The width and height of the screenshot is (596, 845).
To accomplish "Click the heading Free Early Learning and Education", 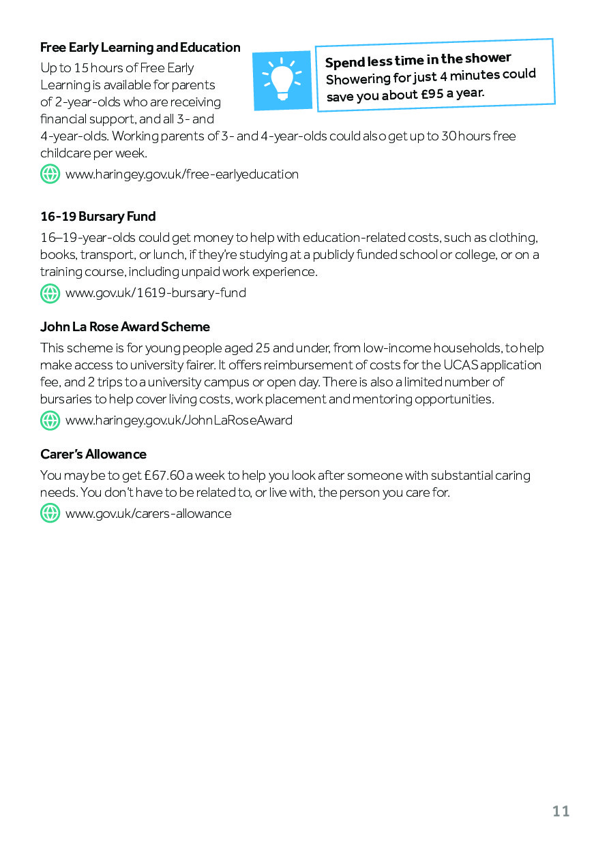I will [x=140, y=48].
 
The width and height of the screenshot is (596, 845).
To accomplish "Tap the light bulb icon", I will [x=282, y=80].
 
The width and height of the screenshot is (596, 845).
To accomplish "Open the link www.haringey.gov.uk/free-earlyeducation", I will [x=181, y=174].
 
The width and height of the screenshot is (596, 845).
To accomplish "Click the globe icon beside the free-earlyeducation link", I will [x=50, y=174].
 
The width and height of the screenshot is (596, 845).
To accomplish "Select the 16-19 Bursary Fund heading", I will [x=98, y=217].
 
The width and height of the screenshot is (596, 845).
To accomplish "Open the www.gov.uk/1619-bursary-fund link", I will [x=155, y=293].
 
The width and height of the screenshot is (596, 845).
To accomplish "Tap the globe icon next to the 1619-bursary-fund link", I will [x=50, y=293].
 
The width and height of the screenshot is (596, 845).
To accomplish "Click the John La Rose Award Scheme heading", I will [x=125, y=327].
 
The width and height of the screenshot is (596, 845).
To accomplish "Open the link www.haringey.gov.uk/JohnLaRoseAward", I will [x=179, y=420].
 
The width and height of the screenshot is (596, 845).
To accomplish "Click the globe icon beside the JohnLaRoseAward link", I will [x=50, y=420].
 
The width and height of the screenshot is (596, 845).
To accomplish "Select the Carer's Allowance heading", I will [x=93, y=455].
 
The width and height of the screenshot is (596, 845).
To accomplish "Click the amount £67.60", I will [x=166, y=476].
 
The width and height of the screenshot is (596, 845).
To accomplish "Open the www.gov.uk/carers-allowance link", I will [x=148, y=514].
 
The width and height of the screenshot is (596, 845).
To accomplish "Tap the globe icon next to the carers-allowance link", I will [x=50, y=514].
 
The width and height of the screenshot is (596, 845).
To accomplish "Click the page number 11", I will [x=561, y=811].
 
